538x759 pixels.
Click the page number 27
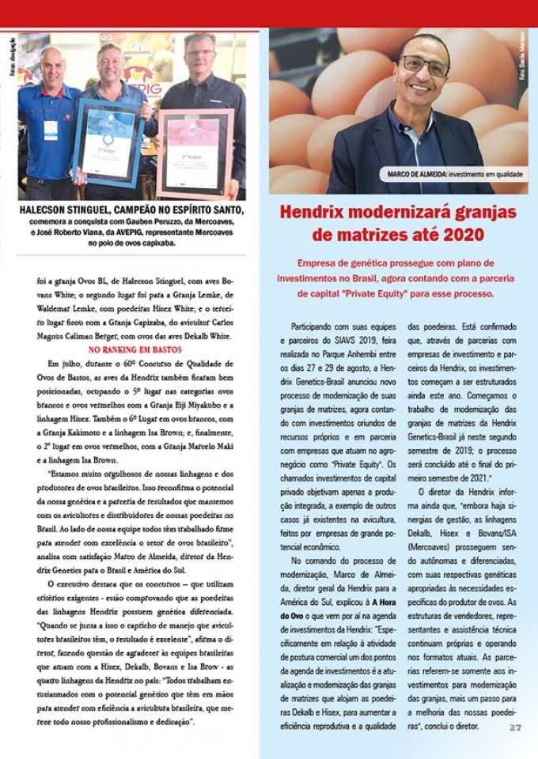[x=516, y=727]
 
